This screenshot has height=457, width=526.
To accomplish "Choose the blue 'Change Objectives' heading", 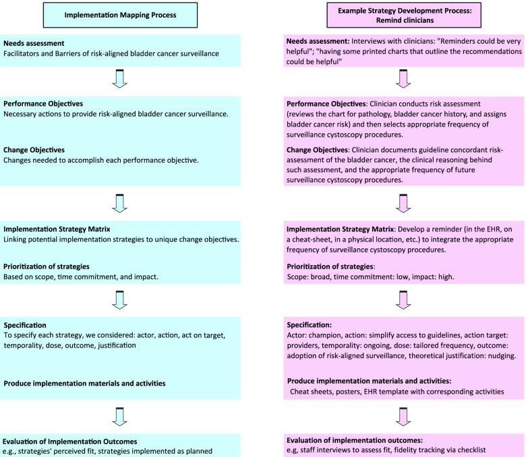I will (41, 151).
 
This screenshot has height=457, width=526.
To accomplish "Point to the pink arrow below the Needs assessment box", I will (403, 79).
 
